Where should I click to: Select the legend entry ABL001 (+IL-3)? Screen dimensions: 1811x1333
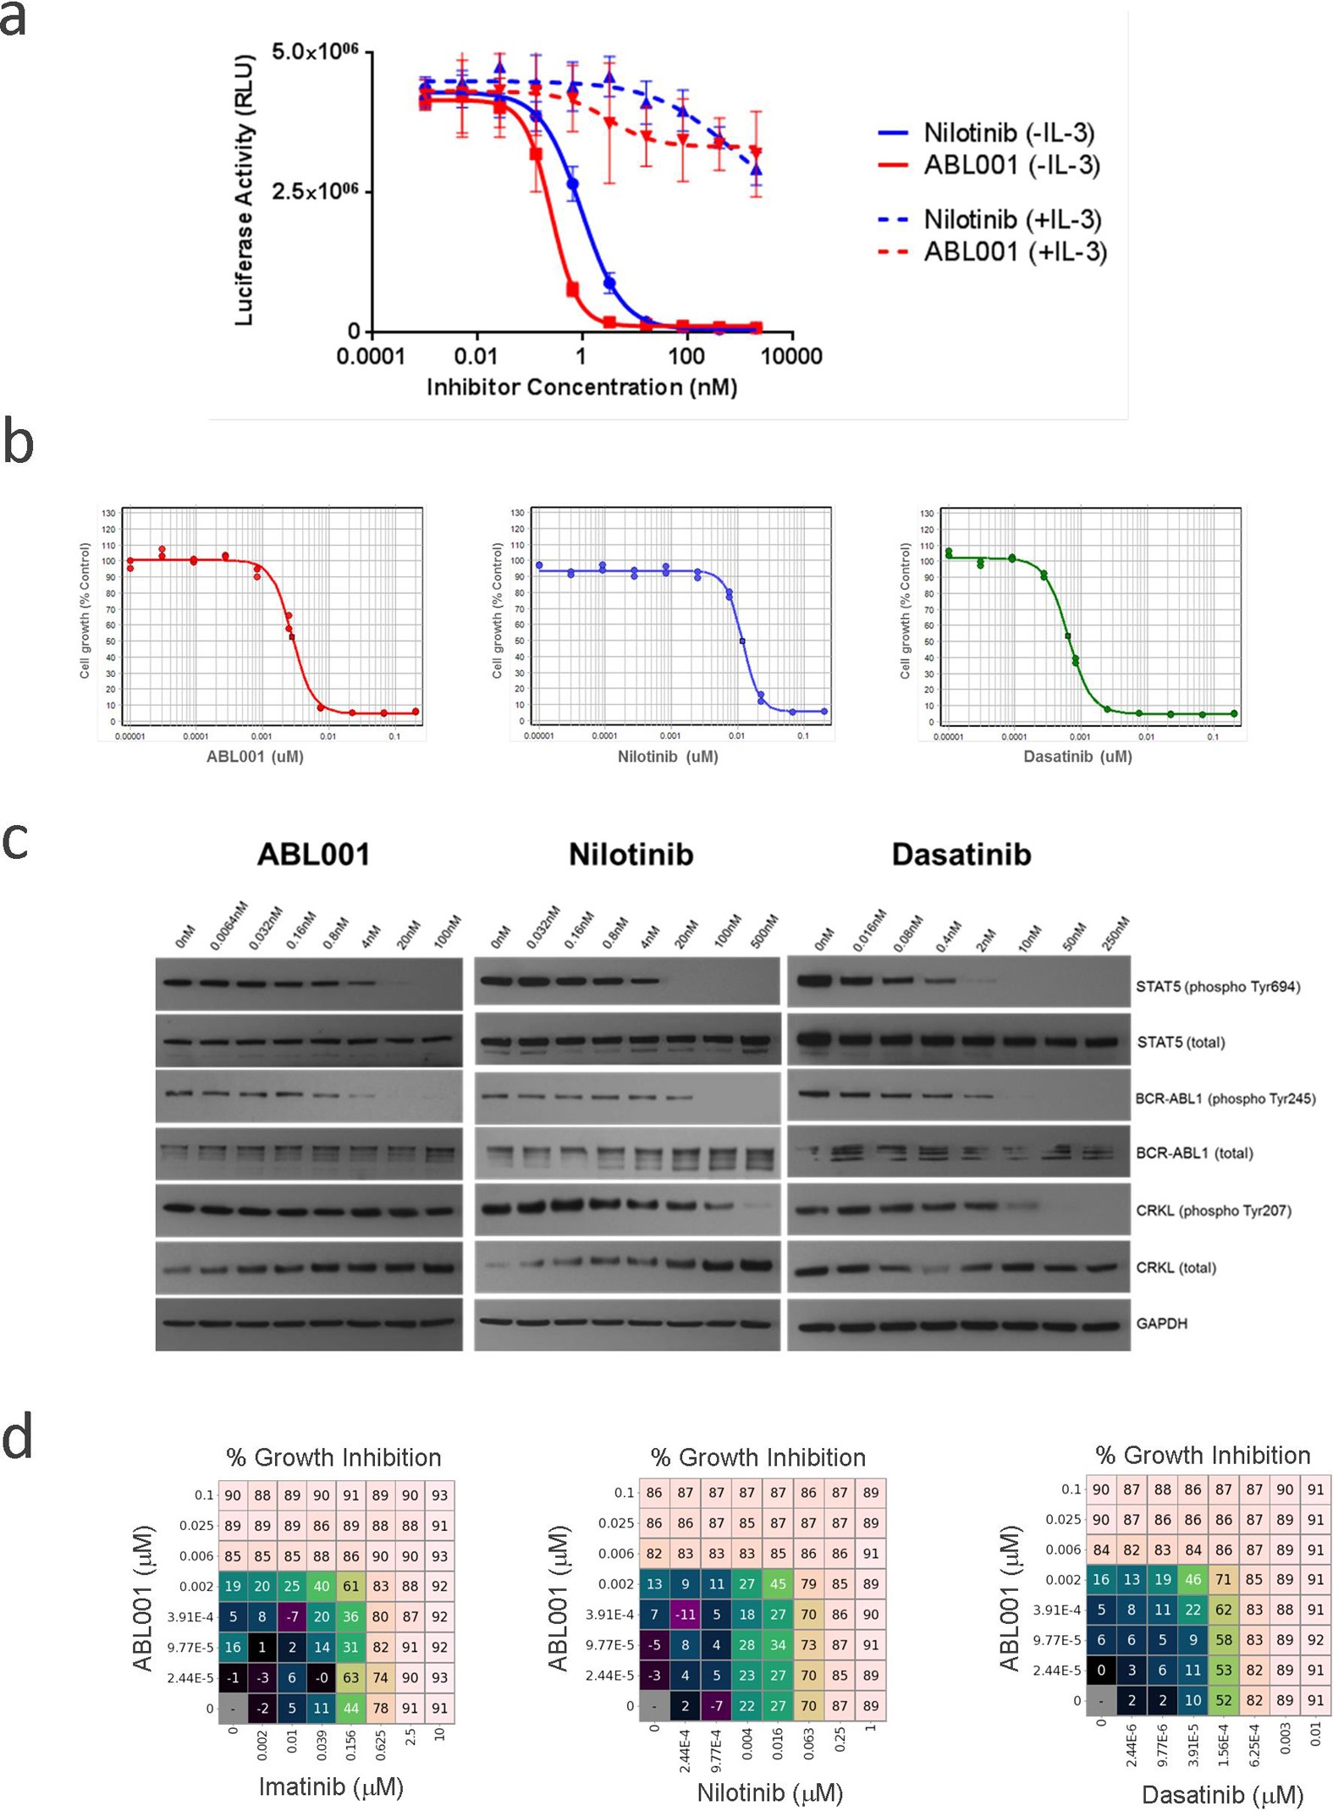(x=1015, y=251)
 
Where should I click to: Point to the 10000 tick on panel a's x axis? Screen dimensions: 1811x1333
(x=791, y=356)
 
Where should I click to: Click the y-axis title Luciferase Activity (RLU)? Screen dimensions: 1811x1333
(x=244, y=190)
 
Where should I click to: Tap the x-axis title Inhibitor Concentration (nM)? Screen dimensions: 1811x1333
(x=581, y=388)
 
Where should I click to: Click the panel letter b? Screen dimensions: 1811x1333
(x=18, y=443)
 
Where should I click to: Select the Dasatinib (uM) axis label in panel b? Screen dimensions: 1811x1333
(x=1077, y=757)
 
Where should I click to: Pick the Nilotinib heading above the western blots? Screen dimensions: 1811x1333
(x=631, y=854)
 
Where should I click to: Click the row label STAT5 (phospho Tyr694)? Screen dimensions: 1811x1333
(x=1217, y=986)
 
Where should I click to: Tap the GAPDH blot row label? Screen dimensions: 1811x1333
(x=1161, y=1323)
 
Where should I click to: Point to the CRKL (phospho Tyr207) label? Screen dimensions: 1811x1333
(x=1213, y=1210)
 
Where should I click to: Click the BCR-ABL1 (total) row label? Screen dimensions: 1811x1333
(x=1193, y=1153)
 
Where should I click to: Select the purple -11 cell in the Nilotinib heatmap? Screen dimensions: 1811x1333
(x=686, y=1614)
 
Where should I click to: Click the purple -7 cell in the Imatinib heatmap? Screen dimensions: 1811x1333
(x=292, y=1616)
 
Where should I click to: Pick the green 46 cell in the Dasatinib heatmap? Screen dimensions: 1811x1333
(x=1193, y=1579)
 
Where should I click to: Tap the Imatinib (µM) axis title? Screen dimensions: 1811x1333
(x=331, y=1786)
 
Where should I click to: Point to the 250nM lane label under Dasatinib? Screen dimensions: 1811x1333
(x=1115, y=933)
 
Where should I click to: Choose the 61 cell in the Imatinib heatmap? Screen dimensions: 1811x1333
(x=350, y=1586)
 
